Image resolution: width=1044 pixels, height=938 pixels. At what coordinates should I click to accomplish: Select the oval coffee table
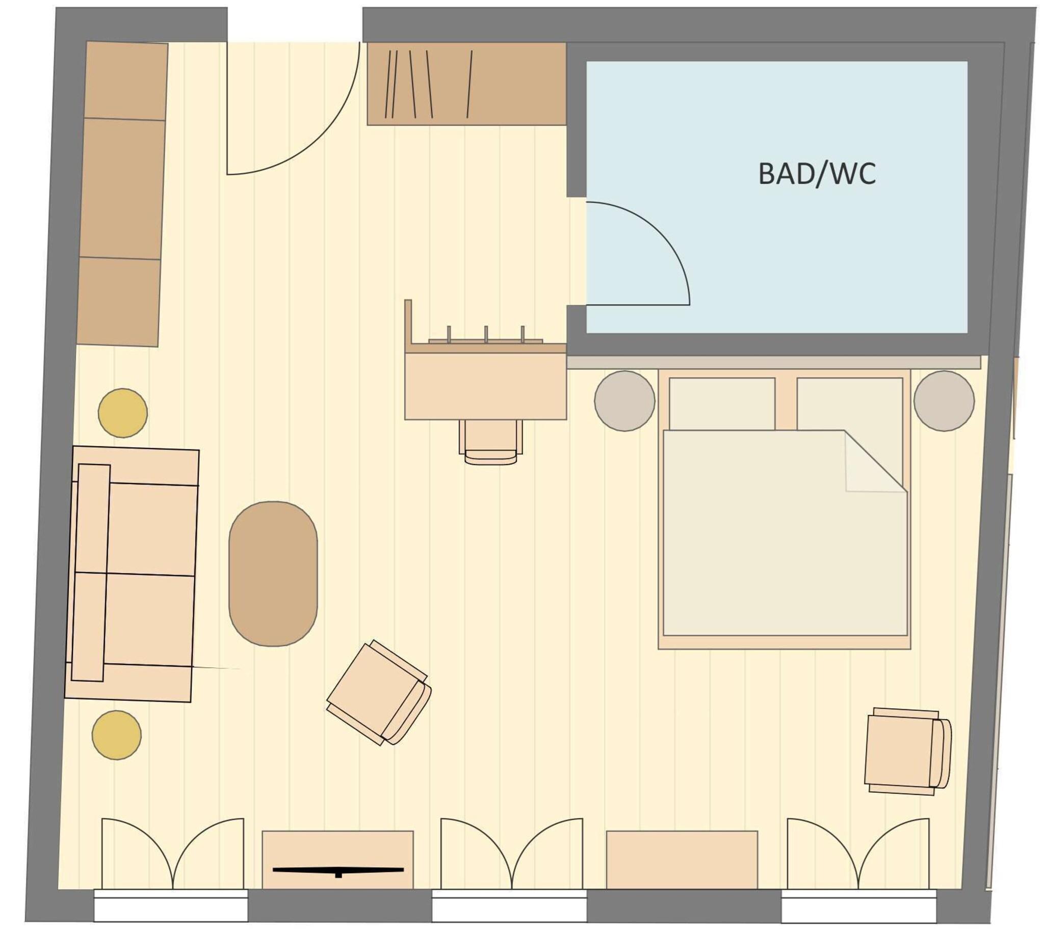pyautogui.click(x=273, y=573)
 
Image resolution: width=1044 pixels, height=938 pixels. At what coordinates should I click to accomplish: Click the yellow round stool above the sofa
pyautogui.click(x=123, y=413)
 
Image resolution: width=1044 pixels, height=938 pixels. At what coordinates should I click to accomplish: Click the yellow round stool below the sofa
pyautogui.click(x=117, y=734)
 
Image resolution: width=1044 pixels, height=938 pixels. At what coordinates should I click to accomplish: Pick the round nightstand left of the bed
pyautogui.click(x=624, y=400)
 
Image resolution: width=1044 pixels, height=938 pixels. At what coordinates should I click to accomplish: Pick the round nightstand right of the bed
pyautogui.click(x=944, y=400)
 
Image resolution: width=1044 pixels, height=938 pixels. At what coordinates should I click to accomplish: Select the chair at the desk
pyautogui.click(x=490, y=441)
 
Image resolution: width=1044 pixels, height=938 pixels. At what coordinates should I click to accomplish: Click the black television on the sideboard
pyautogui.click(x=337, y=870)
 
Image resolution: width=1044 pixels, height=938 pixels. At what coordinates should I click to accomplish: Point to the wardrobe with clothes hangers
pyautogui.click(x=466, y=84)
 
